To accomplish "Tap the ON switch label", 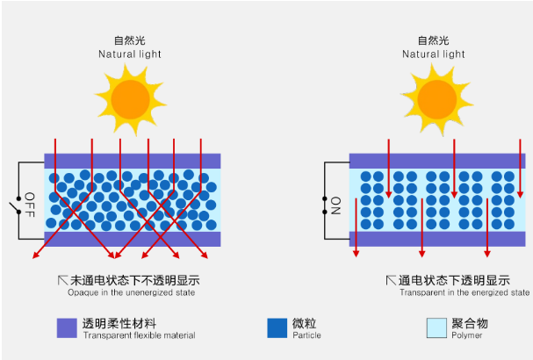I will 335,205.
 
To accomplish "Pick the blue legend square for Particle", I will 277,328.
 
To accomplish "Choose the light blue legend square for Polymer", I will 436,328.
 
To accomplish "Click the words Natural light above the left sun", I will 130,54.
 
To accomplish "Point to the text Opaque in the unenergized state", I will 131,292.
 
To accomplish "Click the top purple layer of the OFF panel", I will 133,162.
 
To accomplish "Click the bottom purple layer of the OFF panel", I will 133,239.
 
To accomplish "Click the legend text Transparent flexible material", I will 139,335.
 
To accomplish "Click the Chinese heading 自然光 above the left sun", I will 130,40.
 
